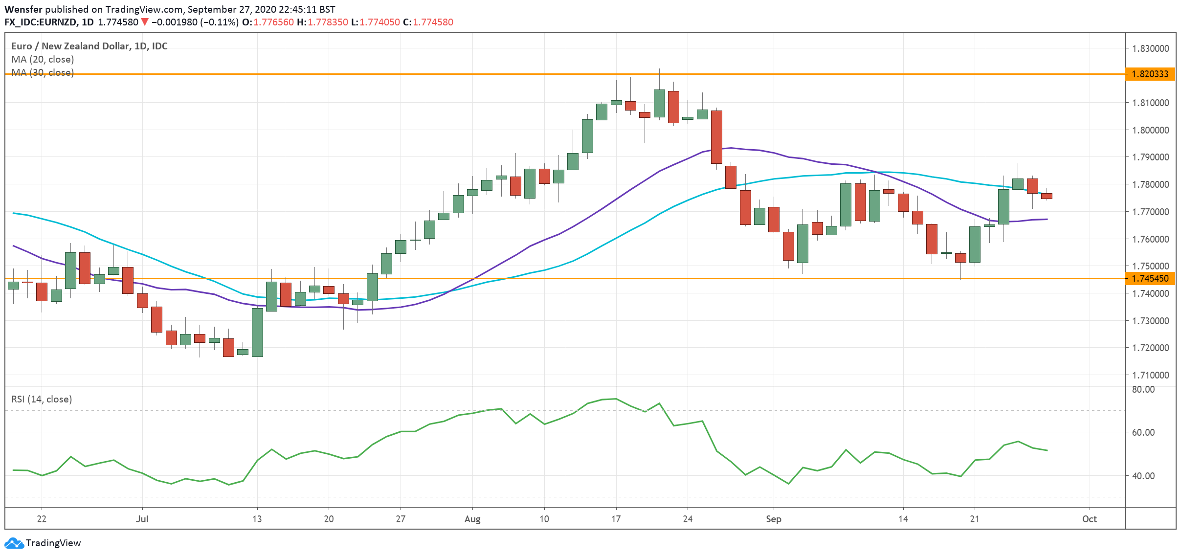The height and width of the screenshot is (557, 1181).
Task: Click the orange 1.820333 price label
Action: coord(1150,74)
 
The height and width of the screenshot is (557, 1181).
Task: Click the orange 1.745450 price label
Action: coord(1150,278)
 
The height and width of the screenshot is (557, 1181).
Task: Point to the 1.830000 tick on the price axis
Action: coord(1150,48)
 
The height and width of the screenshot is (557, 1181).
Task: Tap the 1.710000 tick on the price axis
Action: coord(1150,375)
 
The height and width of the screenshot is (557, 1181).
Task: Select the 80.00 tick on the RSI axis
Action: coord(1143,390)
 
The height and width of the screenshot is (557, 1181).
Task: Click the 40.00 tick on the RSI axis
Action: coord(1143,476)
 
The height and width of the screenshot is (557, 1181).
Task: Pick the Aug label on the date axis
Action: coord(472,519)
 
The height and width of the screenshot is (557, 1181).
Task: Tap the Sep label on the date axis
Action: coord(773,519)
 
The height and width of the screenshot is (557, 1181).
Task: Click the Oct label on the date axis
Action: coord(1089,519)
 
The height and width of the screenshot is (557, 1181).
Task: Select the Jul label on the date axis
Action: coord(142,519)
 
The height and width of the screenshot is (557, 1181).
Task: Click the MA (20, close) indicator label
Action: coord(43,59)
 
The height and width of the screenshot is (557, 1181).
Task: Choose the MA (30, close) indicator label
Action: coord(43,72)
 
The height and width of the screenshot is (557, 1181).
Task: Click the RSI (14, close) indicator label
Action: coord(42,399)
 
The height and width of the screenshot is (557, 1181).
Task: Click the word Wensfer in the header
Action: coord(23,9)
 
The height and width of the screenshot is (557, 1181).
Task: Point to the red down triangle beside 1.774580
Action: coord(145,22)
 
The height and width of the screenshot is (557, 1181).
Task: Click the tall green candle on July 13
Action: coord(257,333)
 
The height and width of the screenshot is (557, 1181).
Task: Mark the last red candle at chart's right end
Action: coord(1047,196)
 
